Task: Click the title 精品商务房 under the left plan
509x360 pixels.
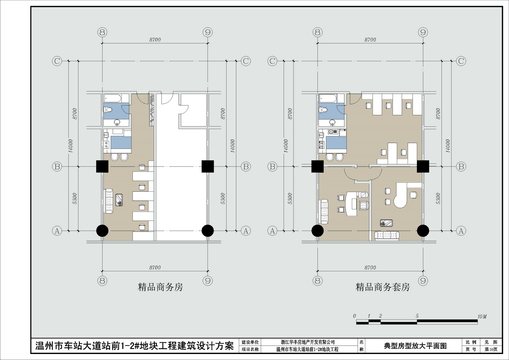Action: (x=160, y=287)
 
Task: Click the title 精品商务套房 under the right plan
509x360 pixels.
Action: (x=383, y=287)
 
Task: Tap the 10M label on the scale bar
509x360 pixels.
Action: (x=482, y=316)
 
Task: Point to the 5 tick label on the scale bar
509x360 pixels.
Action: (x=417, y=316)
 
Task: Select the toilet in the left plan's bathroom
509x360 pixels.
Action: (x=108, y=110)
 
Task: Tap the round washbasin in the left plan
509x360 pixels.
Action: (x=117, y=122)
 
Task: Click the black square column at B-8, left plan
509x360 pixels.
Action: (x=102, y=166)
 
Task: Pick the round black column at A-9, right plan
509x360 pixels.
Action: (x=423, y=231)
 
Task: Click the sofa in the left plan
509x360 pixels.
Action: (x=109, y=201)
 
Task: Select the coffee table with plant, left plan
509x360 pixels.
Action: (x=119, y=200)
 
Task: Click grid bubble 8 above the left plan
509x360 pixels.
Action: (x=102, y=32)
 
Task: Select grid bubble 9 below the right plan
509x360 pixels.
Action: (x=423, y=281)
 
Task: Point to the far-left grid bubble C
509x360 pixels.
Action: (x=57, y=61)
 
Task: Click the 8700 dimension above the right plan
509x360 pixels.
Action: (x=370, y=40)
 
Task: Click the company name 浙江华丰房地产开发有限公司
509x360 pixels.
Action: (x=308, y=342)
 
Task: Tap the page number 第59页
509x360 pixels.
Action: (x=491, y=349)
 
